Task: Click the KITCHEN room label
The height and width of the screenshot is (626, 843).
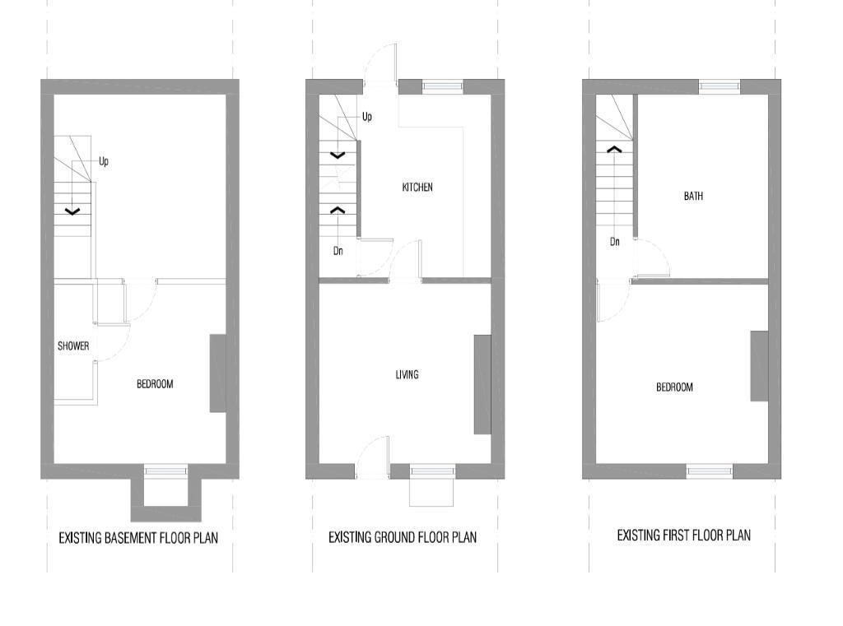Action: point(417,188)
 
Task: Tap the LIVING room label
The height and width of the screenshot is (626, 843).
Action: point(407,375)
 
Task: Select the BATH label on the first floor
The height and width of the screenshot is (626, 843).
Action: point(693,197)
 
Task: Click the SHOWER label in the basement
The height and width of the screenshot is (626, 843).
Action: point(73,346)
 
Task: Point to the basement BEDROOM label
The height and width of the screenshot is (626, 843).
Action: point(155,384)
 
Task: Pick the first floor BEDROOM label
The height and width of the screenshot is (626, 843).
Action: point(674,387)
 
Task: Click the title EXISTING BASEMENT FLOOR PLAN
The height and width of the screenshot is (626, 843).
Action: point(138,539)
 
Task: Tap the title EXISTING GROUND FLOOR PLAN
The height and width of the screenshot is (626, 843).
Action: point(403,538)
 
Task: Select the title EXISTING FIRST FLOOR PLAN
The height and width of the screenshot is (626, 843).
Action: point(683,536)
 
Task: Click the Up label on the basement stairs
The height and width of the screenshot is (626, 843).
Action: point(104,162)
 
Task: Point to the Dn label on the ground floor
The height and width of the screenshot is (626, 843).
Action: point(338,251)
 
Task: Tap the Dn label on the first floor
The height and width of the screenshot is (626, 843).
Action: point(615,242)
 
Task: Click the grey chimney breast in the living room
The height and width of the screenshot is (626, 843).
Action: point(482,384)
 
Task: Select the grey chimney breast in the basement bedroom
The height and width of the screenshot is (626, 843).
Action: point(218,373)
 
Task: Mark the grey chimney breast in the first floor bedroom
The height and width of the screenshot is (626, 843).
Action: point(759,366)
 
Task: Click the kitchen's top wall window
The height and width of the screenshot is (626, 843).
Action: point(442,86)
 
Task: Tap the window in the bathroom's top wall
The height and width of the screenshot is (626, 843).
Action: point(720,86)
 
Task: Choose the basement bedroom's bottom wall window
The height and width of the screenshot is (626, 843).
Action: point(165,471)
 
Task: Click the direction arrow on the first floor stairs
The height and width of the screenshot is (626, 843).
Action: point(614,150)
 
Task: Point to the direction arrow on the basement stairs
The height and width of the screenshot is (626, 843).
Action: point(72,212)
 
